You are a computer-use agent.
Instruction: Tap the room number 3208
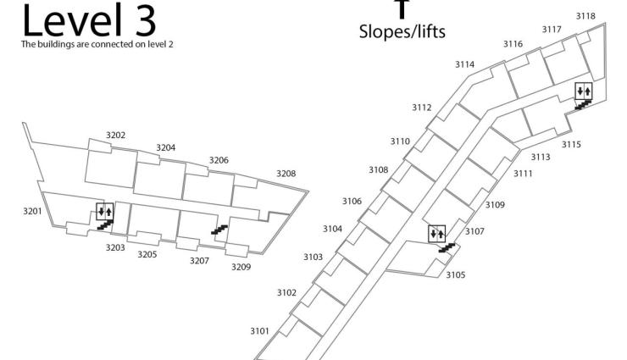point(286,174)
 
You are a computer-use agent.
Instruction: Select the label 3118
point(585,16)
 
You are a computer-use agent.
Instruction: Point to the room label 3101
point(259,330)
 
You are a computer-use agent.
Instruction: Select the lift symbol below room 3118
point(583,91)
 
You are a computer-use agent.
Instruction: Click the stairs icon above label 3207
point(219,229)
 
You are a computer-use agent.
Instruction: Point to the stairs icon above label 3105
point(447,247)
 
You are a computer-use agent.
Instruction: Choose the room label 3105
point(456,274)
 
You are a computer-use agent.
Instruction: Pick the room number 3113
point(541,157)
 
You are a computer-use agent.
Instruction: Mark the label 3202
point(116,136)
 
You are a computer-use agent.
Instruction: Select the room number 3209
point(241,267)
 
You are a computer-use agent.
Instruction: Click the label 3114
point(464,64)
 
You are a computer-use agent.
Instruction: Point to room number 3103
point(313,257)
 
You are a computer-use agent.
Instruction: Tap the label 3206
point(219,160)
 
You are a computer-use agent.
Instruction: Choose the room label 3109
point(495,205)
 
